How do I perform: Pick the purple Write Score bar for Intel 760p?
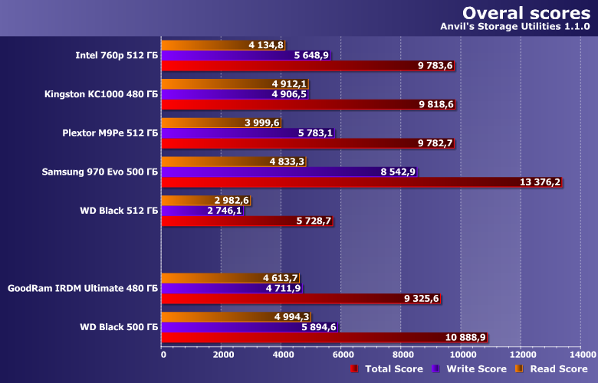tap(230, 55)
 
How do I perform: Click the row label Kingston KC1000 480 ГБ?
tap(101, 93)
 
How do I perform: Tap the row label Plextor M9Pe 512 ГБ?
tap(110, 133)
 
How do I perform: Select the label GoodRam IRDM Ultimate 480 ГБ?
tap(83, 289)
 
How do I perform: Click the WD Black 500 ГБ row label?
tap(118, 327)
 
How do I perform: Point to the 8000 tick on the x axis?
tap(401, 355)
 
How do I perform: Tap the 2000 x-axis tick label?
tap(222, 355)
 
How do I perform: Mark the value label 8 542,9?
tap(398, 172)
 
